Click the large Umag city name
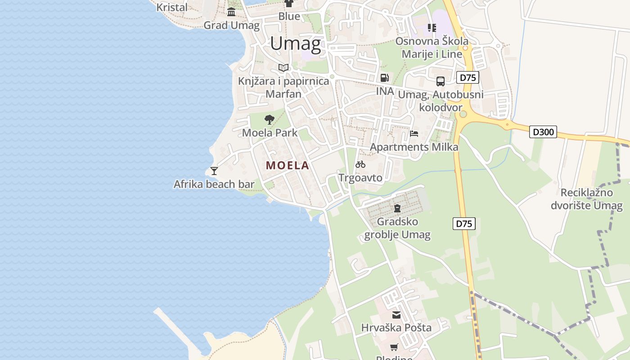(x=296, y=44)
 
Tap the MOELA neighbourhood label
(x=288, y=165)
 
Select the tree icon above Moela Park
(x=270, y=119)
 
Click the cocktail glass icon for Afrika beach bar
(x=214, y=171)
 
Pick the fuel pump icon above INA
(x=384, y=77)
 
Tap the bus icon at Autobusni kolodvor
(x=441, y=81)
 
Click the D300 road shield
(x=543, y=132)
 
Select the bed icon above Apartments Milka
(x=414, y=134)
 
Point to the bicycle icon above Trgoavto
(x=360, y=164)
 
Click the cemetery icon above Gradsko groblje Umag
(x=397, y=208)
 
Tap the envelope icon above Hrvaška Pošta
(x=396, y=315)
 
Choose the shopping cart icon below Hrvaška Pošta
(x=394, y=347)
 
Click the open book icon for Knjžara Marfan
(x=283, y=67)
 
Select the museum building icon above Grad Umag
(x=231, y=12)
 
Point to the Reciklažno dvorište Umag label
(x=587, y=199)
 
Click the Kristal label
(x=172, y=7)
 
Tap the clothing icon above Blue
(x=289, y=4)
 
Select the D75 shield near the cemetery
(x=464, y=224)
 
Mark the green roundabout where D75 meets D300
(x=463, y=114)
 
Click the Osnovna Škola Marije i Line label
(x=432, y=48)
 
